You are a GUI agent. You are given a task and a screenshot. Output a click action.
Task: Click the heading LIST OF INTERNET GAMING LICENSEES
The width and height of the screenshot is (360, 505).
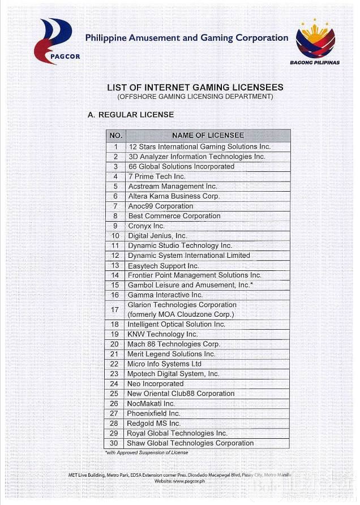pyautogui.click(x=195, y=88)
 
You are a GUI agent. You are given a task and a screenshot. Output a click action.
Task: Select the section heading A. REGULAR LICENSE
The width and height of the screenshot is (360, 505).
pyautogui.click(x=131, y=115)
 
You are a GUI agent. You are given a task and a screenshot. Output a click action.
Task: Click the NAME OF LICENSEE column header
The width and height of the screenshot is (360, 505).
pyautogui.click(x=208, y=136)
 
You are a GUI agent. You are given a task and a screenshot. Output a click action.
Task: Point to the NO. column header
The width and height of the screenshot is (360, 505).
pyautogui.click(x=115, y=136)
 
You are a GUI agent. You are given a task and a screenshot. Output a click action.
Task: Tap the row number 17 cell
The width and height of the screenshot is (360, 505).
pyautogui.click(x=115, y=309)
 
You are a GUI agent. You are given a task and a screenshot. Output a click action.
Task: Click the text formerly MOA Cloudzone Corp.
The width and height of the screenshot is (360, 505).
pyautogui.click(x=181, y=314)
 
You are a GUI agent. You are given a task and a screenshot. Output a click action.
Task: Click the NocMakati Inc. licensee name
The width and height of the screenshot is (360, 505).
pyautogui.click(x=151, y=404)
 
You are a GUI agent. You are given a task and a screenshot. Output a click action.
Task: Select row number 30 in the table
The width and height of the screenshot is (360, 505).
pyautogui.click(x=114, y=443)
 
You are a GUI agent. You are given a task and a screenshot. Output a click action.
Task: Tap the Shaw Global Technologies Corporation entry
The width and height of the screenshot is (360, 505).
pyautogui.click(x=190, y=443)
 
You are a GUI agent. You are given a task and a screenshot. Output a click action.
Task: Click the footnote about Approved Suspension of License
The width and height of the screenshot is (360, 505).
pyautogui.click(x=147, y=452)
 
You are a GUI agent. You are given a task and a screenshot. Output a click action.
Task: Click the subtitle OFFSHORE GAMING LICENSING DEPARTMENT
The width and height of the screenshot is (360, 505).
pyautogui.click(x=195, y=97)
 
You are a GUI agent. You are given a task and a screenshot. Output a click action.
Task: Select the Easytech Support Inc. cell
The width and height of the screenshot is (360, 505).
pyautogui.click(x=163, y=265)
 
